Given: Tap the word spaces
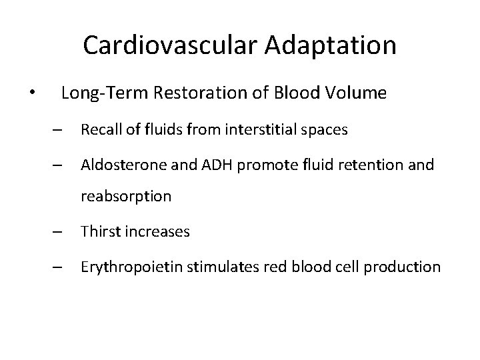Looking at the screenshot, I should pos(325,130).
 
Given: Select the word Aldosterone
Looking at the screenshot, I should pos(118,165).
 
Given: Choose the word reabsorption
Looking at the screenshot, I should pos(126,197).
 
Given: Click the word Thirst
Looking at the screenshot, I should pos(99,232).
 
